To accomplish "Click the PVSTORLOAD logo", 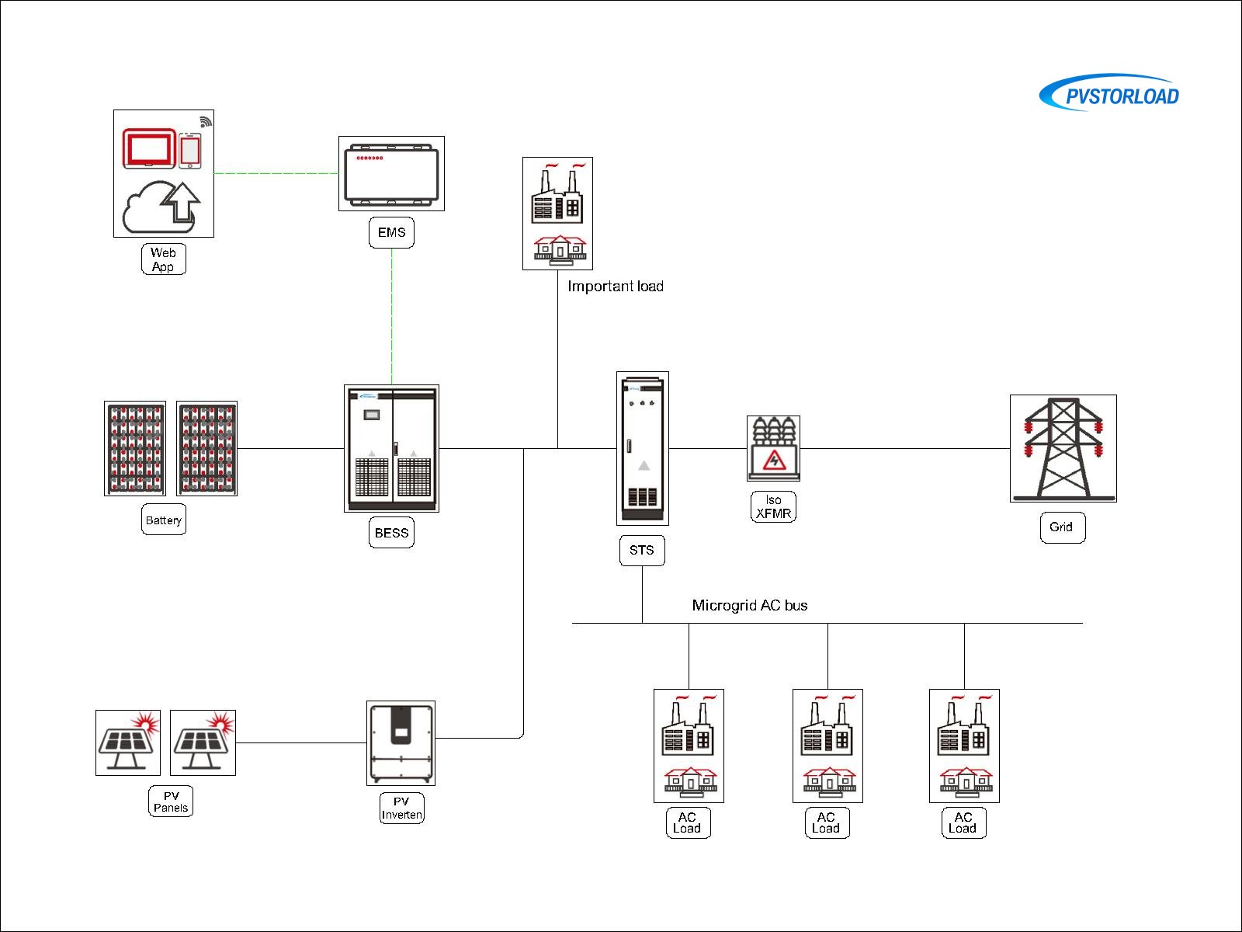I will pos(1109,94).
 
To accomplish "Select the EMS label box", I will pos(391,232).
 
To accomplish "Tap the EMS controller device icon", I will pos(391,173).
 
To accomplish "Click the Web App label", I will pos(163,259).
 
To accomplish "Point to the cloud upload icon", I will pos(161,206).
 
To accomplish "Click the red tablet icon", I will pos(149,148).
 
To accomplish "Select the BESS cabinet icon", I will pos(391,448).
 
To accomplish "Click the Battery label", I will pos(164,520).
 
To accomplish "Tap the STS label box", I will pos(642,550).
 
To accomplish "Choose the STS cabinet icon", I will pos(642,448).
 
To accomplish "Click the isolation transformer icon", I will pos(773,448).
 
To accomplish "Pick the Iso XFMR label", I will pos(773,506).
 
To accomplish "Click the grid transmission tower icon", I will pos(1063,448).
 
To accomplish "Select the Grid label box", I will pos(1062,527).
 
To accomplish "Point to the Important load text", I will pos(616,287).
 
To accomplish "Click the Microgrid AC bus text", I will pos(750,605).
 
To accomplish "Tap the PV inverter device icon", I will pos(401,743).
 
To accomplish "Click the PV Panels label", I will pos(171,802).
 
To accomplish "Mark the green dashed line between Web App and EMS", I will pos(276,173).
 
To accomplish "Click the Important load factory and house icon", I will pos(557,214).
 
